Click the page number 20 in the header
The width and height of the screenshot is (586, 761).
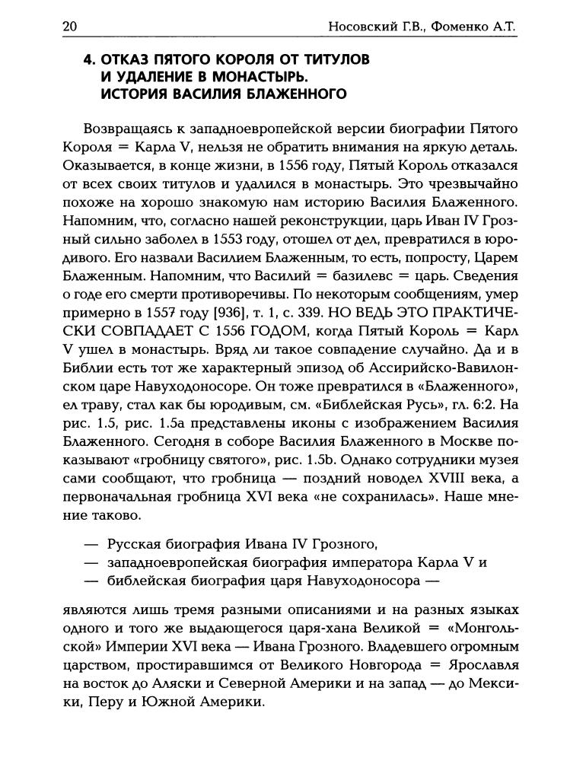(69, 27)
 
